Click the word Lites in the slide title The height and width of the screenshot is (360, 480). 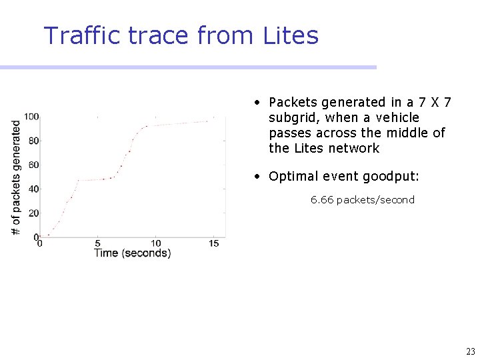(x=291, y=35)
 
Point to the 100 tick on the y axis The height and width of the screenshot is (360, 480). (x=31, y=117)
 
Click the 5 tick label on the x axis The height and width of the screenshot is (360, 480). (x=97, y=243)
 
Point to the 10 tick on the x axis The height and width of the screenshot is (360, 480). (x=155, y=243)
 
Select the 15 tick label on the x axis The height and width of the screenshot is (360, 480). (x=213, y=243)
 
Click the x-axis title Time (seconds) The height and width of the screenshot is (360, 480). (x=132, y=253)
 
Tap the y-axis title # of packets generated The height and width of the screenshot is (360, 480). (x=16, y=177)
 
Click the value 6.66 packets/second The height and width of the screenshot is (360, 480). (x=362, y=199)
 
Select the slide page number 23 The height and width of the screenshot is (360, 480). (x=471, y=351)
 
